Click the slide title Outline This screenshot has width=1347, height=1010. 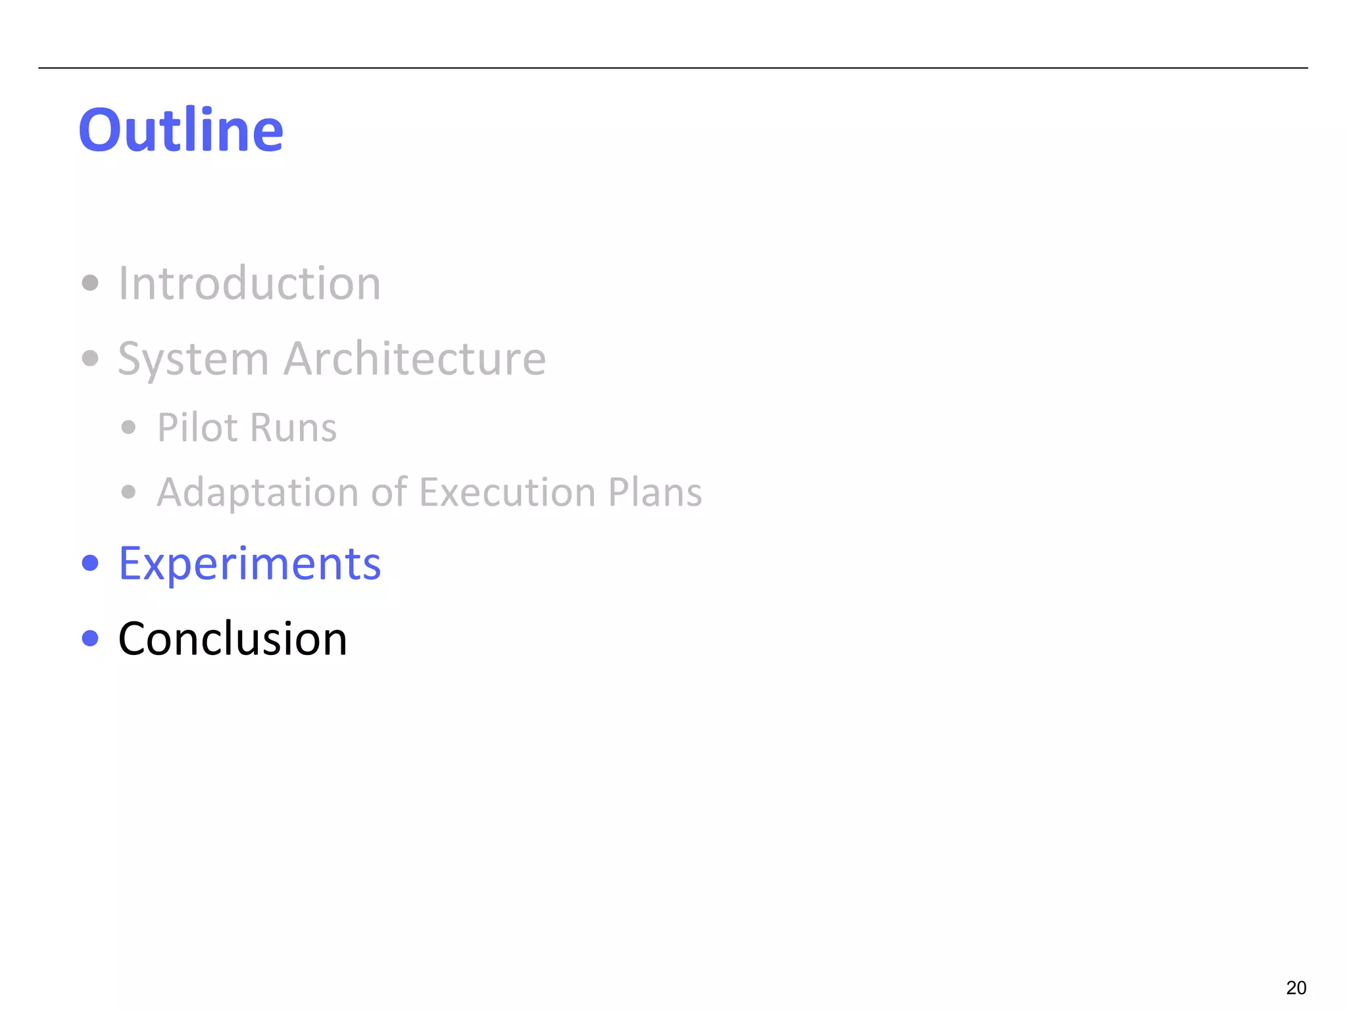tap(181, 130)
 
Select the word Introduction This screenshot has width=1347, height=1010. tap(249, 283)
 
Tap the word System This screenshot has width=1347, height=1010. tap(193, 359)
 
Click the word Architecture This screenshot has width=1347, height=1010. tap(414, 359)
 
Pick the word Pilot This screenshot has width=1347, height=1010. tap(197, 427)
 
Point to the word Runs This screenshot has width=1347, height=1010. tap(293, 427)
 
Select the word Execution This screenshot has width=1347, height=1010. tap(506, 492)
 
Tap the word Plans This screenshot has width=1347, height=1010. tap(654, 492)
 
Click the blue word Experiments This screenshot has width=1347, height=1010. tap(249, 564)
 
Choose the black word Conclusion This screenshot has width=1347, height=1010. tap(232, 638)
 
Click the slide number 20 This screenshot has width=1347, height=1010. tap(1296, 988)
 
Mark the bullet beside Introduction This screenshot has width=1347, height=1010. tap(90, 283)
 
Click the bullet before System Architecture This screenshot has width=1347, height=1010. tap(90, 359)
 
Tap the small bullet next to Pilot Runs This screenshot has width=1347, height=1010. tap(129, 427)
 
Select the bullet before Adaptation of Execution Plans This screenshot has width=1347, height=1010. tap(129, 492)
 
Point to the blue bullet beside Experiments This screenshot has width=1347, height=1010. tap(90, 564)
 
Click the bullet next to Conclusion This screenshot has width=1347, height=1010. tap(90, 638)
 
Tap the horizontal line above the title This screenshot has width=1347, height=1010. tap(673, 68)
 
